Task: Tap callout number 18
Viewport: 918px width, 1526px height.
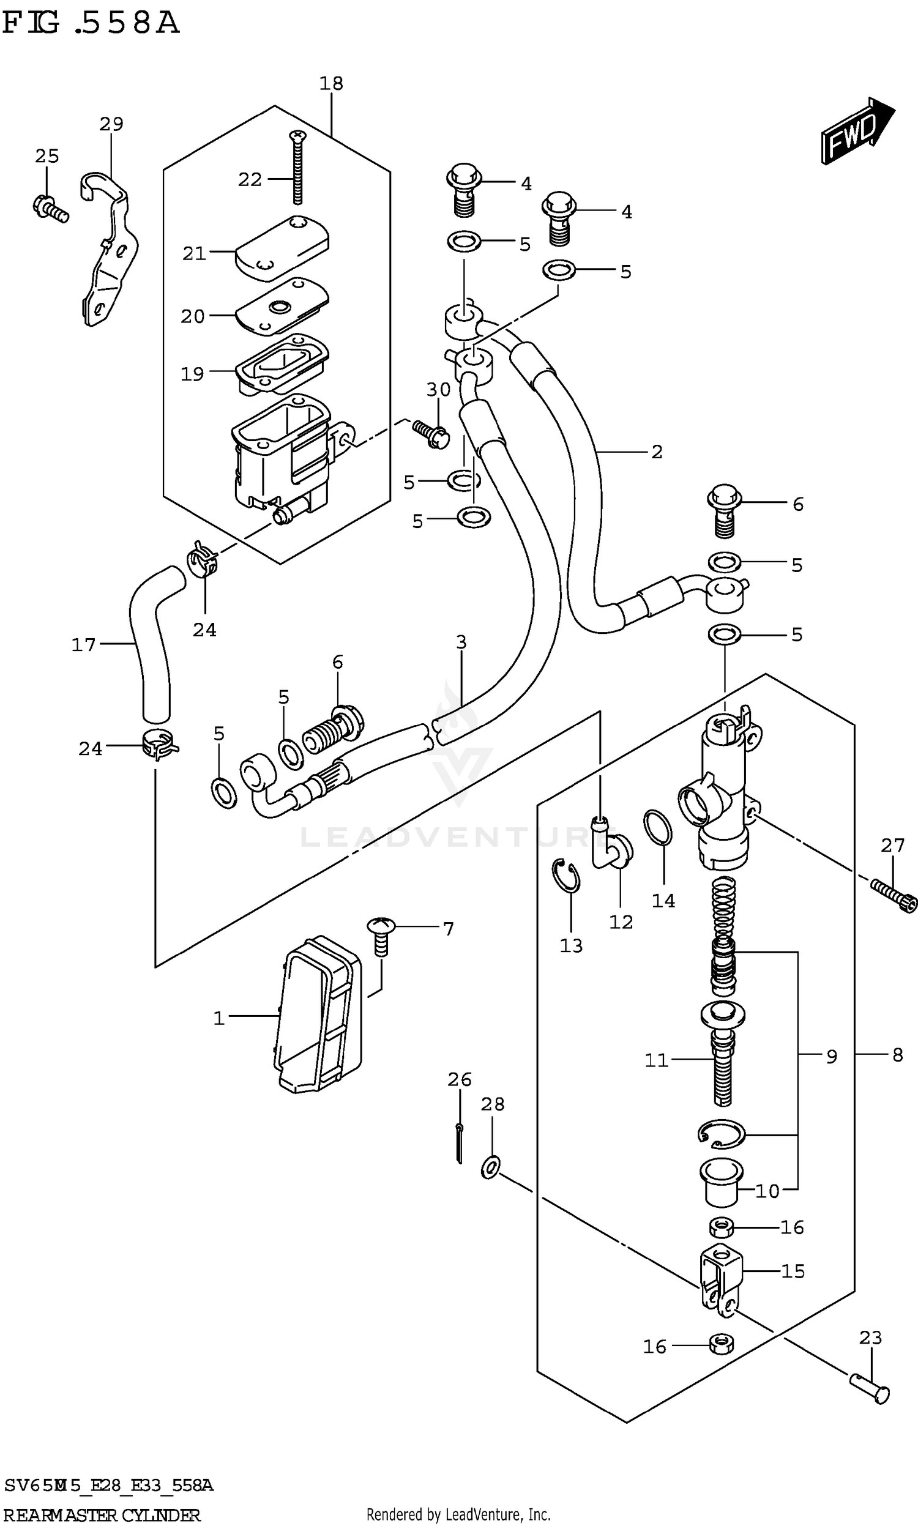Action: pos(331,83)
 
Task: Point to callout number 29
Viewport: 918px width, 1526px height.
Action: pos(111,124)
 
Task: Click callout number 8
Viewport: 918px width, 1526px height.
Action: pos(898,1055)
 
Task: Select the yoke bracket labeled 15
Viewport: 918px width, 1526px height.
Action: pos(721,1276)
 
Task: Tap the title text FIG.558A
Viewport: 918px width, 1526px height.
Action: pos(91,23)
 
